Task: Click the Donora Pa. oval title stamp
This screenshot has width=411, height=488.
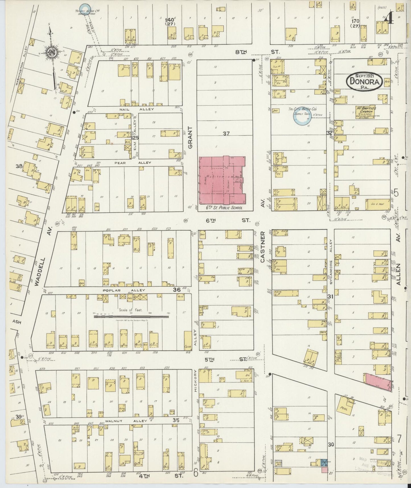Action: pos(364,81)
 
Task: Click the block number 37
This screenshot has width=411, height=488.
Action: pos(226,133)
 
